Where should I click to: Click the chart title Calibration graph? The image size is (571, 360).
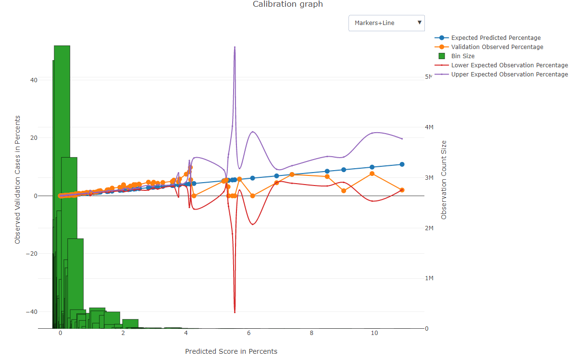[287, 4]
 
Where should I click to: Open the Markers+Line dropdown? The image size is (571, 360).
[386, 23]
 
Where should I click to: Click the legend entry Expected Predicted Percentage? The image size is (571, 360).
[496, 38]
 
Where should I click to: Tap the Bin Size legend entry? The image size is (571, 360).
[462, 56]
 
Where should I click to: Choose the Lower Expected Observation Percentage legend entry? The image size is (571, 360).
[509, 65]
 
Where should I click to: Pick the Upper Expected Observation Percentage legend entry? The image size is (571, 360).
[509, 74]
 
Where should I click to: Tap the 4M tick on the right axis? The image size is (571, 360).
[429, 127]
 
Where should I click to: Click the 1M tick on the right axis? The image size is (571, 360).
[429, 278]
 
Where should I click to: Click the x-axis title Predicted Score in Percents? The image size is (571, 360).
[231, 351]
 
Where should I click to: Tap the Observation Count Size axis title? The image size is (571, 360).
[444, 180]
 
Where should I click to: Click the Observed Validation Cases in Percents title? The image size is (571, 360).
[18, 180]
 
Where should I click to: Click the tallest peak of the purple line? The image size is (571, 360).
[235, 47]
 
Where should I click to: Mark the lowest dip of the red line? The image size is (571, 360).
[235, 312]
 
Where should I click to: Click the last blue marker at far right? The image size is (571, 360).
[402, 164]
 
